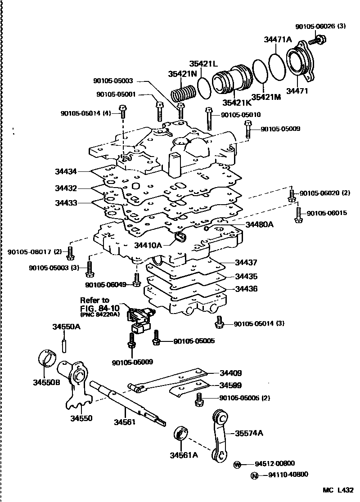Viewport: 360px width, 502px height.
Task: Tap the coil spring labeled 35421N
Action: (184, 94)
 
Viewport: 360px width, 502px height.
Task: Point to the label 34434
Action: (66, 171)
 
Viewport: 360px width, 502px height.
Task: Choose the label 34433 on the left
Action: (66, 203)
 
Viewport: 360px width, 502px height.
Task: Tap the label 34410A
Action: (148, 245)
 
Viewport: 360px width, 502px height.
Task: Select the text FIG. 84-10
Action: (99, 308)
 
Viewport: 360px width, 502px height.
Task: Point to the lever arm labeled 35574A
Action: (221, 435)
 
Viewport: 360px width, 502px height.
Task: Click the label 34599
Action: (231, 385)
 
